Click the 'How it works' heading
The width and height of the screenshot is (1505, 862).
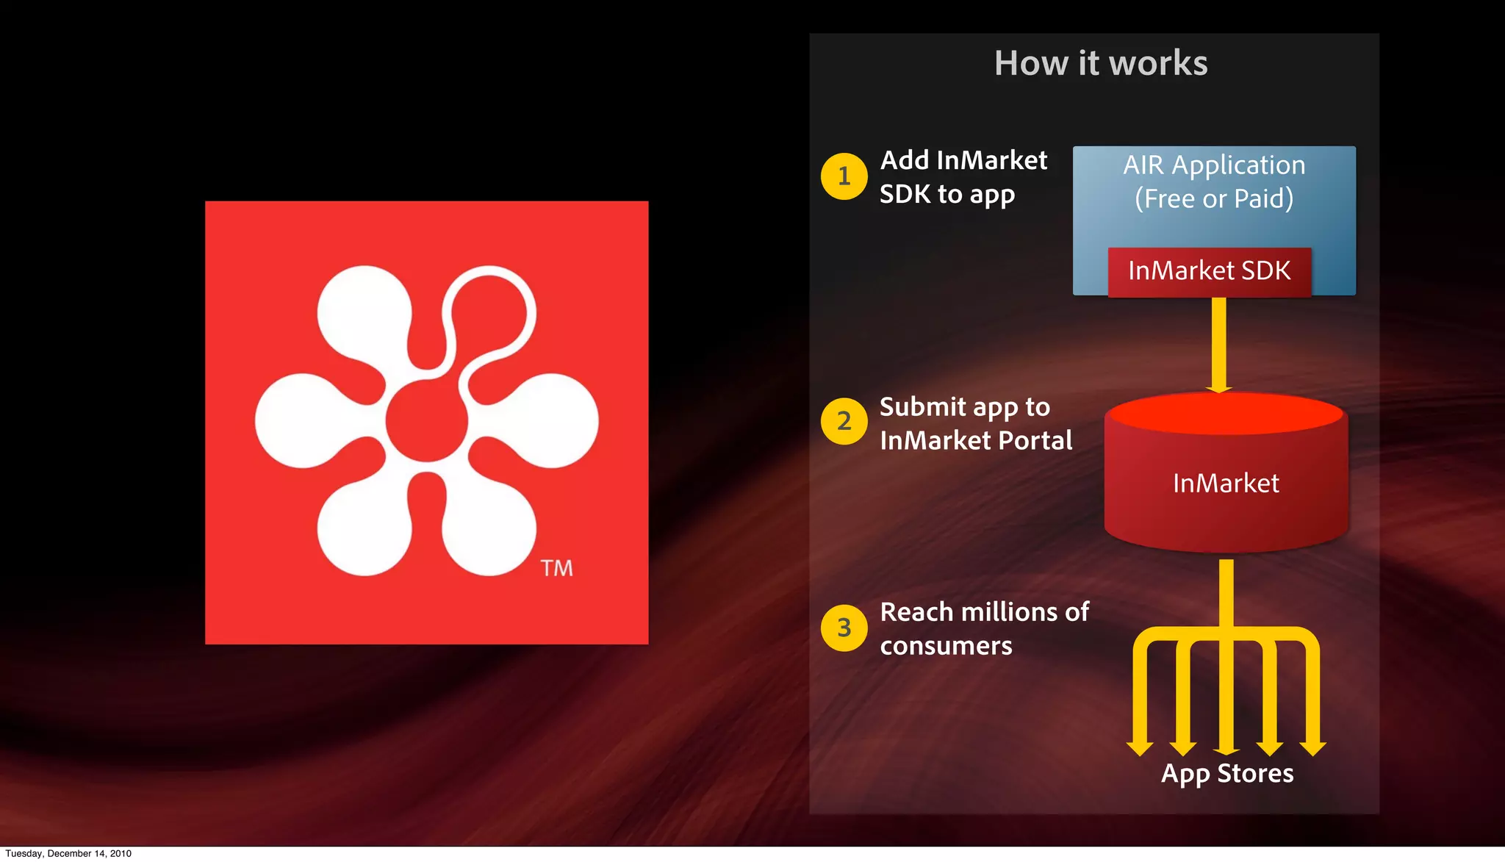click(1101, 63)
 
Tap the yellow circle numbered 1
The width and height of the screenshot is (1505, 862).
click(844, 176)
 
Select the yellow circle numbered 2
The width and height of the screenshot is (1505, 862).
click(844, 421)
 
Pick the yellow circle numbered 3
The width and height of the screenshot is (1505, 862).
click(844, 628)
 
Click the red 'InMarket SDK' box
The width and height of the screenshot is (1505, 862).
click(1209, 271)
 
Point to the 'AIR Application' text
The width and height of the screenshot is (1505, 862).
click(1214, 165)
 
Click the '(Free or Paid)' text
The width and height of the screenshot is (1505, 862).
click(1214, 199)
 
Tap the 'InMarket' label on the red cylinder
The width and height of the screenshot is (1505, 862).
click(1226, 484)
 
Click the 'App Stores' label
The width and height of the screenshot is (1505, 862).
click(1227, 774)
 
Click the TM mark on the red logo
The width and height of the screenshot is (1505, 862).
click(556, 568)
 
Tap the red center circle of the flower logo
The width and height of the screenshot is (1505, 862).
click(427, 420)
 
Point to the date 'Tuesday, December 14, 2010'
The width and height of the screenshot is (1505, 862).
click(68, 854)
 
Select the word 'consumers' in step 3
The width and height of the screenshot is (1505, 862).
click(947, 646)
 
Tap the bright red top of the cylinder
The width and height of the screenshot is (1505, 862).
click(1226, 414)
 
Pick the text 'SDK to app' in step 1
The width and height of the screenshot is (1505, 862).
click(947, 195)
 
